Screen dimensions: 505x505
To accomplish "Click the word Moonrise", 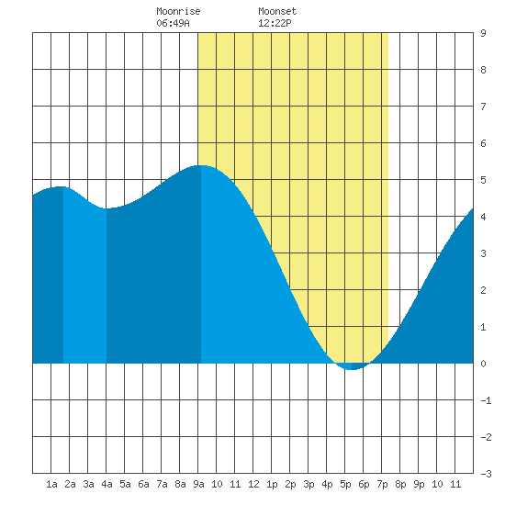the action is pos(178,12).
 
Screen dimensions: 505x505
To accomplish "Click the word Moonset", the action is pos(277,12).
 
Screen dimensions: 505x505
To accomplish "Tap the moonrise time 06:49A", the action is pos(173,23).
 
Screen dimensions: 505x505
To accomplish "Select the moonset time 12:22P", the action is pos(275,23).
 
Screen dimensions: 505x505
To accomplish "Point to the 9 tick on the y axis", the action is pos(483,33).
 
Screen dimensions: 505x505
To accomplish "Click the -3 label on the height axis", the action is pos(486,474).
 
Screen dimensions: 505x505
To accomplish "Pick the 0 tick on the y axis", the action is pos(483,364).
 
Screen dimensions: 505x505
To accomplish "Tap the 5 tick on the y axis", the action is pos(483,180).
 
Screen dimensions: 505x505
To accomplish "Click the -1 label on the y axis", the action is pos(486,400).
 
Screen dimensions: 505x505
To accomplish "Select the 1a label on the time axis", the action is pos(51,484).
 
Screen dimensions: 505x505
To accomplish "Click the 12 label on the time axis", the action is pos(253,484).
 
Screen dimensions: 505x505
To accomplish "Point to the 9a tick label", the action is pos(198,484).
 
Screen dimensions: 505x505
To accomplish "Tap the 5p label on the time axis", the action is pos(345,484).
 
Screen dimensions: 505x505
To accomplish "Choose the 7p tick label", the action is pos(382,484).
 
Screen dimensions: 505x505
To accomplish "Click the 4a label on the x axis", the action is pos(107,484).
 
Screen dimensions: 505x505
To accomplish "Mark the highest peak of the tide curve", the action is pos(201,165).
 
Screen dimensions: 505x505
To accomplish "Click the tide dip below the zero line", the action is pos(352,366).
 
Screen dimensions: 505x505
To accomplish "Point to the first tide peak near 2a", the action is pos(62,186).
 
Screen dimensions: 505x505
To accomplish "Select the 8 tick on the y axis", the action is pos(483,70).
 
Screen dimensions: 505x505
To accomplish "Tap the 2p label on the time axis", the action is pos(290,484).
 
